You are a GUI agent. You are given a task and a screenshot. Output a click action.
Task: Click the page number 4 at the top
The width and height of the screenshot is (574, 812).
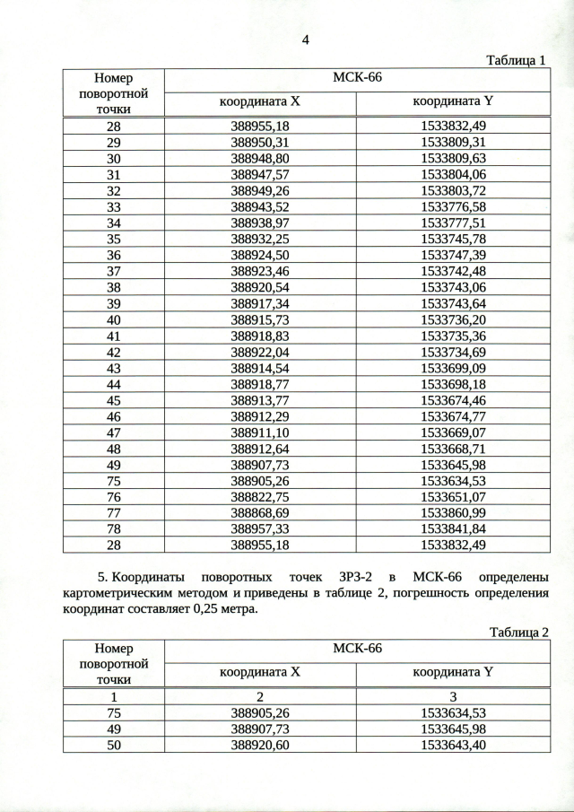point(306,39)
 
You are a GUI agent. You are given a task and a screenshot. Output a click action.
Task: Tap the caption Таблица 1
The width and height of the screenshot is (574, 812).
point(516,60)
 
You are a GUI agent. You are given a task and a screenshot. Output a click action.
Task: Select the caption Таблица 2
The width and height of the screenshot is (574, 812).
point(517,632)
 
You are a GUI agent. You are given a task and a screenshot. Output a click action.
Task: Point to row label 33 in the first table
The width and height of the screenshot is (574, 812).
point(114,206)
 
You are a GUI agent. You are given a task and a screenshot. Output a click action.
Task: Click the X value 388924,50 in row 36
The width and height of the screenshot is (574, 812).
point(260,255)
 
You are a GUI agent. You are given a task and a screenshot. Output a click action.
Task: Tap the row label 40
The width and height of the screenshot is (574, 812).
point(114,319)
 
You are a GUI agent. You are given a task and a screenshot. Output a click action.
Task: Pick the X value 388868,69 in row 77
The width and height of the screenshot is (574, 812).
point(260,512)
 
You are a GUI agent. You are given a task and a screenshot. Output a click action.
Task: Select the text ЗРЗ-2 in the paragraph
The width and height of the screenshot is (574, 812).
point(361,574)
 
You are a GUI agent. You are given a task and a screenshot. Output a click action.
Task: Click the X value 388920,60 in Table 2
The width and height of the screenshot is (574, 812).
point(260,744)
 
